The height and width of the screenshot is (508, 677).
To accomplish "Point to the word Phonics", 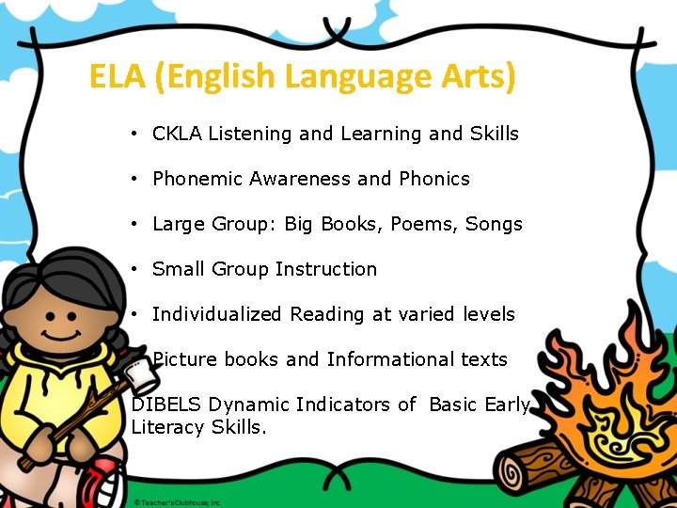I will coord(433,179).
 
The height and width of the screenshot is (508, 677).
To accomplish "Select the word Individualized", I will coord(217,314).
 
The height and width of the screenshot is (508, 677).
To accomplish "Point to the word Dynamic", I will coord(249,405).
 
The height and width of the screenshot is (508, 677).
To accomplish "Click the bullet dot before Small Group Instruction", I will coord(136,269).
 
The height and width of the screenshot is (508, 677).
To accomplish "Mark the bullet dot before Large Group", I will coord(136,224).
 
